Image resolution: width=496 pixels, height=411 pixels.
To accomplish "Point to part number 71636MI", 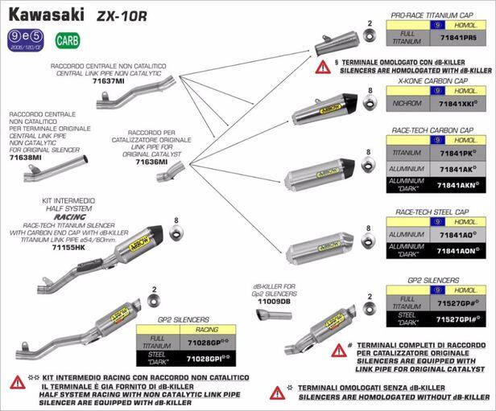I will click(x=151, y=162).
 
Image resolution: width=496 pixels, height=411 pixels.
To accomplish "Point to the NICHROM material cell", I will click(x=407, y=105).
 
